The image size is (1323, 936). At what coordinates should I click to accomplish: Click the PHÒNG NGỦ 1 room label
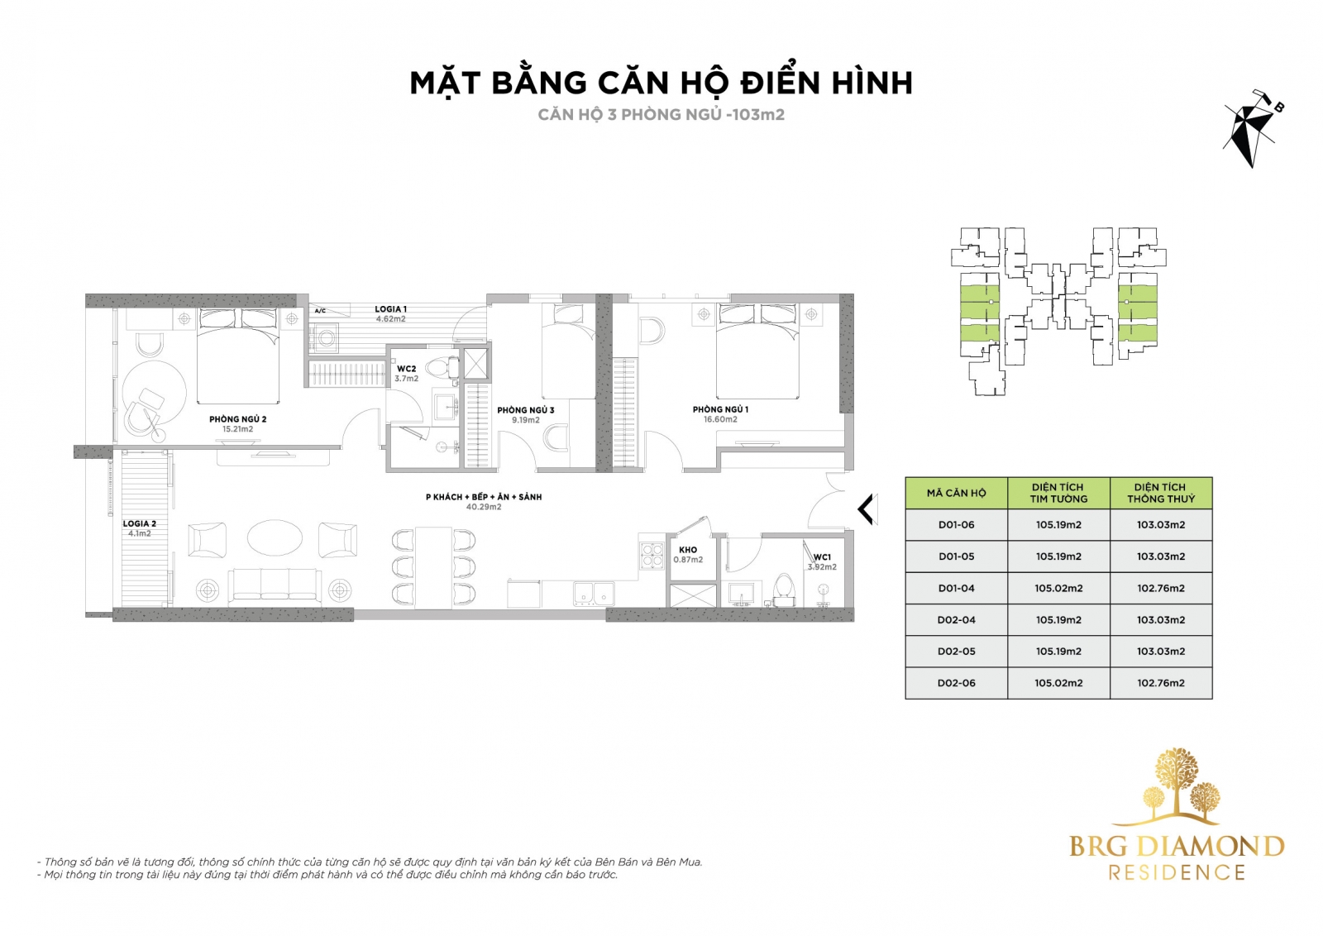[x=720, y=409]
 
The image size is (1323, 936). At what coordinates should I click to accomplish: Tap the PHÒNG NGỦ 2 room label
[x=237, y=419]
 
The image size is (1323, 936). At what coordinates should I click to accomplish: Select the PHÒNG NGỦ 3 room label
[x=525, y=410]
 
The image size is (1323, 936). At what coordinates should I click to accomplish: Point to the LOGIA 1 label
[x=390, y=309]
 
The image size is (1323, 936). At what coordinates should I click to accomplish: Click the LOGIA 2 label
[x=140, y=523]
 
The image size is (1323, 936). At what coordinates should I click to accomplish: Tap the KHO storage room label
[x=688, y=550]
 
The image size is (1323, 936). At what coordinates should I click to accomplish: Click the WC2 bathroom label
[x=406, y=369]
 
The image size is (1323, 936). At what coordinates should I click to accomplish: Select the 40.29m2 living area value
[x=484, y=507]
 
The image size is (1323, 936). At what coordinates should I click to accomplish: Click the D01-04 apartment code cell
[x=956, y=588]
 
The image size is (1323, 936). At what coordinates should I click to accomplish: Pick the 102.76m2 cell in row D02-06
[x=1161, y=683]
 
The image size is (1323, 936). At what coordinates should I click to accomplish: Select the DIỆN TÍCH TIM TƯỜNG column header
[x=1058, y=493]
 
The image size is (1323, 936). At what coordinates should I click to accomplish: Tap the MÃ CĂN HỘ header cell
[x=956, y=493]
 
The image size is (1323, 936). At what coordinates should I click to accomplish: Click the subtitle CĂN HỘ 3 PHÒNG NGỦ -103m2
[x=661, y=115]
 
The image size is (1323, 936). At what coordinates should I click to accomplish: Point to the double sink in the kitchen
[x=594, y=594]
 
